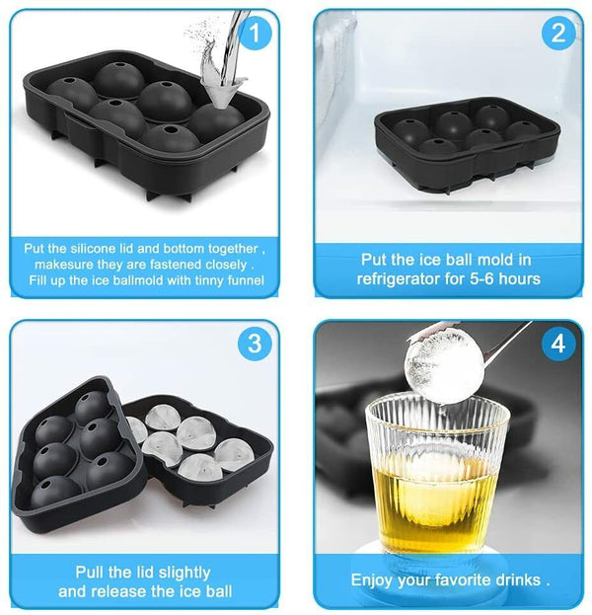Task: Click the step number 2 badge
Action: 558,35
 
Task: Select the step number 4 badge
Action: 558,344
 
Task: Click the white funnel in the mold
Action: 216,94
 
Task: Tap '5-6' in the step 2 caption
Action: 498,278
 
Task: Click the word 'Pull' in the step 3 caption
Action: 92,572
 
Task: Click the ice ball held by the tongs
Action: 446,364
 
